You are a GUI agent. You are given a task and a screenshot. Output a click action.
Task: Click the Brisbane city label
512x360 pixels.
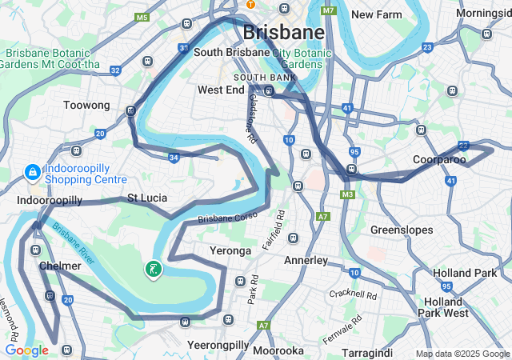pos(283,32)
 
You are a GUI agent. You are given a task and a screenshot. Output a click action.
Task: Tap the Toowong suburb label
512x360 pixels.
pos(86,105)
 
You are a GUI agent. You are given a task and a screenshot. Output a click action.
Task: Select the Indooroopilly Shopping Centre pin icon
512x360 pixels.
pos(32,172)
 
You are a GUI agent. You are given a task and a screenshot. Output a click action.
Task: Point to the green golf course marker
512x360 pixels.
pos(153,270)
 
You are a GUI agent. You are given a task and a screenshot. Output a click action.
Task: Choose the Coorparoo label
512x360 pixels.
pos(439,160)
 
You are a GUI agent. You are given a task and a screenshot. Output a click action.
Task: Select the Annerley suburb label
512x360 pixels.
pos(306,260)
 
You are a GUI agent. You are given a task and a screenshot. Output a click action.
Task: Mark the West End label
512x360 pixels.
pos(221,90)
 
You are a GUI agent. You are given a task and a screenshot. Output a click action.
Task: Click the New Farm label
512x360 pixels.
pos(377,14)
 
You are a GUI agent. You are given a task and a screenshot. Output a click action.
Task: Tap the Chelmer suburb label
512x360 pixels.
pos(60,266)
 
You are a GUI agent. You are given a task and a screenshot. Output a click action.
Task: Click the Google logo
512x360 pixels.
pos(26,350)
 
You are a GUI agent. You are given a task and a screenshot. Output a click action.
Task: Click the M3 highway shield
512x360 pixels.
pos(347,194)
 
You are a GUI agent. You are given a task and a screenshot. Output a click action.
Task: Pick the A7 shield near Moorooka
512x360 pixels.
pos(263,326)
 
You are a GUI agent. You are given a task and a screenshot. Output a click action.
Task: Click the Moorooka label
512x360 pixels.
pos(278,350)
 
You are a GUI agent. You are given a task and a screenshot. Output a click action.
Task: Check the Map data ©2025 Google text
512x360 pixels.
pos(462,354)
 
